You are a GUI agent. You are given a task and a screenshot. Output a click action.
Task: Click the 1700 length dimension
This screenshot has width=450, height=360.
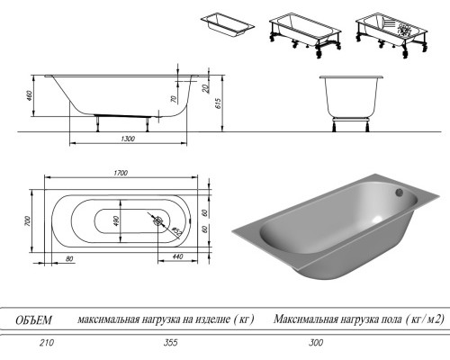click(120, 171)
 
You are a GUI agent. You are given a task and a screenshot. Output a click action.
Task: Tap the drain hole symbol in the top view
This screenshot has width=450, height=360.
click(157, 220)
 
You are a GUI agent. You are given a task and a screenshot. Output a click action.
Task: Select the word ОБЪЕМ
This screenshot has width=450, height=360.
click(33, 319)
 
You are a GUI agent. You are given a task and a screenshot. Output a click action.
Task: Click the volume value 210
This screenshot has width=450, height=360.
click(32, 343)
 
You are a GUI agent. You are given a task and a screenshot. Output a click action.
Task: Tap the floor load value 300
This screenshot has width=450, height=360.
click(313, 343)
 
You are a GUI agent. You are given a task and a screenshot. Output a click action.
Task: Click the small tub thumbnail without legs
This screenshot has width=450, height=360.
click(224, 23)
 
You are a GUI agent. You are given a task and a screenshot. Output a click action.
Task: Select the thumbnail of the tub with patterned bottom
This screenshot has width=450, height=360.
click(385, 31)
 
